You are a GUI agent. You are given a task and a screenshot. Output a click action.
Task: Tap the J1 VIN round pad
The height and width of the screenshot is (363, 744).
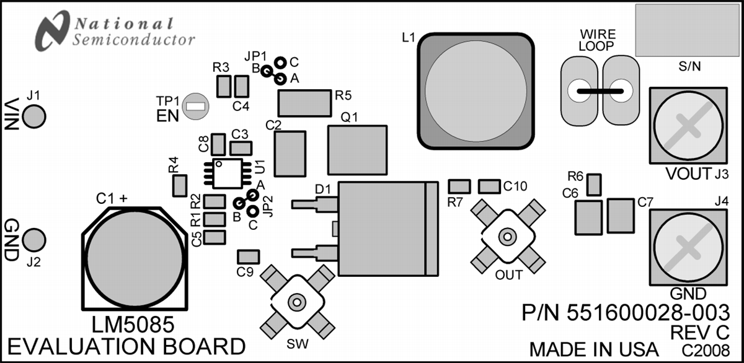click(x=35, y=115)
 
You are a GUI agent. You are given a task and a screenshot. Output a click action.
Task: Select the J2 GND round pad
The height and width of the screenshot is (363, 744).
click(x=35, y=239)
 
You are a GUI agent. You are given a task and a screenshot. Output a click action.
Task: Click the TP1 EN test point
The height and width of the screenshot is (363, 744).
click(x=197, y=106)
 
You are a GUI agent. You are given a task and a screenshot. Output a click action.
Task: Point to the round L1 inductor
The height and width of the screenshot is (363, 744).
click(x=475, y=92)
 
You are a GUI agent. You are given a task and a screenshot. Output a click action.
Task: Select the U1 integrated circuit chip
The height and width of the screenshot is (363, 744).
click(x=229, y=173)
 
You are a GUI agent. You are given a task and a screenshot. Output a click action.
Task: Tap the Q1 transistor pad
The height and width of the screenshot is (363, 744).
click(x=357, y=151)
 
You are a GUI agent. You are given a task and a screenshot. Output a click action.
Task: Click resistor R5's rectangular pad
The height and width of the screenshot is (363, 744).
click(x=304, y=103)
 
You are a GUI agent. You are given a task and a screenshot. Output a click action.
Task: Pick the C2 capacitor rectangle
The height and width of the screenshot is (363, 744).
click(x=290, y=154)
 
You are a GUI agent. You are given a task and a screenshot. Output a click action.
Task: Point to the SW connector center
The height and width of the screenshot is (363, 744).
click(x=297, y=302)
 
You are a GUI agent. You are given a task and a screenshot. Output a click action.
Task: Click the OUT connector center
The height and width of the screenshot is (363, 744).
click(x=507, y=236)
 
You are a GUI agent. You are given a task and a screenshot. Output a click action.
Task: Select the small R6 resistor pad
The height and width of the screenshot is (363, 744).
click(x=594, y=184)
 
